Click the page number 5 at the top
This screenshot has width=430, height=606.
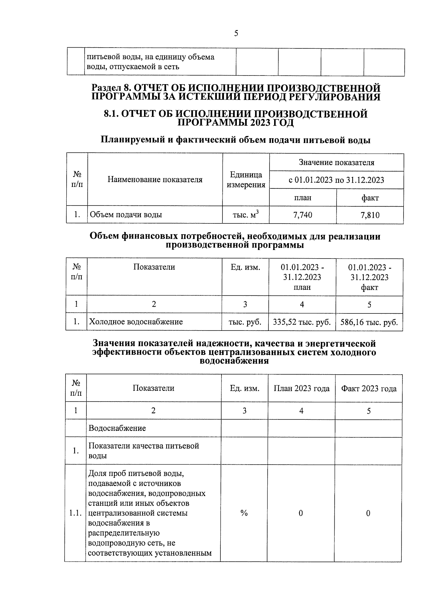(x=236, y=34)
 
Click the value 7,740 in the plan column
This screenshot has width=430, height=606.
(x=302, y=215)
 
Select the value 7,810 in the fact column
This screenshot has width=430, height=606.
(x=370, y=215)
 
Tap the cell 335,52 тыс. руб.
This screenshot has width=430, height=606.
(x=302, y=322)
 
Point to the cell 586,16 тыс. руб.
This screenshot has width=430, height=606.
(x=369, y=322)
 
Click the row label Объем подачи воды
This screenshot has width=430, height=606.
(x=126, y=215)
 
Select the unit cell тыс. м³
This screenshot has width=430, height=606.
(x=246, y=215)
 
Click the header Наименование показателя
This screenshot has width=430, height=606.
(x=155, y=179)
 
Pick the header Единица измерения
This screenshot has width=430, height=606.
(x=246, y=179)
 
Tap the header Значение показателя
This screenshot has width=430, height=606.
(x=336, y=163)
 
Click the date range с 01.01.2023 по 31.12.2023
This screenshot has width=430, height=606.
(x=336, y=180)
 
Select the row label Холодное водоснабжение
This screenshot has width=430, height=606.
(x=136, y=322)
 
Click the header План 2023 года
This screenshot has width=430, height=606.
(x=301, y=388)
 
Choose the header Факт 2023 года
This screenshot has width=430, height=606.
(x=369, y=388)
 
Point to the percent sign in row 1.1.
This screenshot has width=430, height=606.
(x=244, y=513)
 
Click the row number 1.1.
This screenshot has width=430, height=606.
(x=75, y=513)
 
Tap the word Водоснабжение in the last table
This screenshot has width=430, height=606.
(x=117, y=428)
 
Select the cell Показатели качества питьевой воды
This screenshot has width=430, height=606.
(x=144, y=451)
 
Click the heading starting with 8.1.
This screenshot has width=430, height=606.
(x=235, y=118)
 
